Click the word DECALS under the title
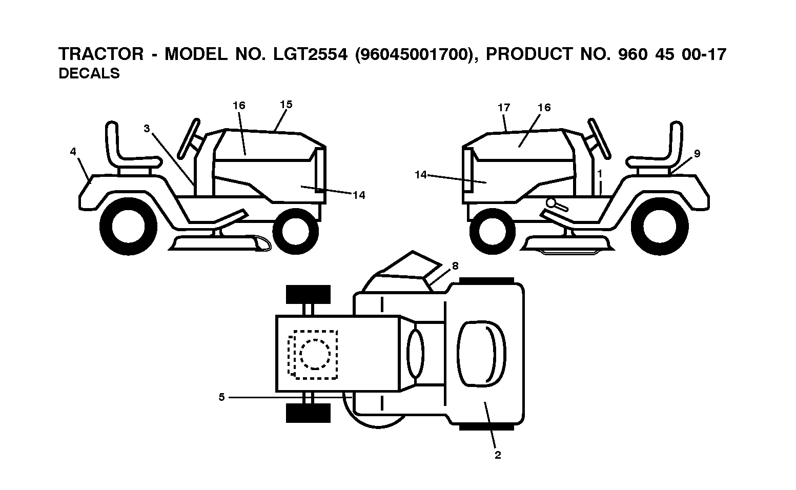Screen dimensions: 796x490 click(x=89, y=74)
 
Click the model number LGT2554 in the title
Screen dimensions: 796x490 click(x=310, y=54)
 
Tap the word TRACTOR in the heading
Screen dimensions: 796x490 click(x=101, y=54)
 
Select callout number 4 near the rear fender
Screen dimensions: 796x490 click(x=73, y=152)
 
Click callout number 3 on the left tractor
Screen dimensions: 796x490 click(x=147, y=128)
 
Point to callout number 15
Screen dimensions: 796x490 click(x=286, y=105)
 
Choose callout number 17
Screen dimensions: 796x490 click(x=504, y=107)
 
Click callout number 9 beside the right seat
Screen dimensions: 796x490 click(x=697, y=153)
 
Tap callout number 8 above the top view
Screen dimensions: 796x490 click(x=455, y=266)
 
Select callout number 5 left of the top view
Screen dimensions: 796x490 click(x=222, y=397)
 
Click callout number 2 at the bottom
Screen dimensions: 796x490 click(x=498, y=455)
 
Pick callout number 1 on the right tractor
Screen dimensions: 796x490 click(x=600, y=174)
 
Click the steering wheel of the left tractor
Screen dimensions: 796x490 click(x=189, y=138)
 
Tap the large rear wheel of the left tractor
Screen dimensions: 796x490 click(x=128, y=227)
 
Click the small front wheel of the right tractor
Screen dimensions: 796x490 click(x=493, y=231)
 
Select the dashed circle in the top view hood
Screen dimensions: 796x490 click(x=315, y=354)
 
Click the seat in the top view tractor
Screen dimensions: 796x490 click(x=482, y=354)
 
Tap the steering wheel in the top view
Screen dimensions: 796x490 click(x=415, y=353)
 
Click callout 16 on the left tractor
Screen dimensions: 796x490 click(x=239, y=106)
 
